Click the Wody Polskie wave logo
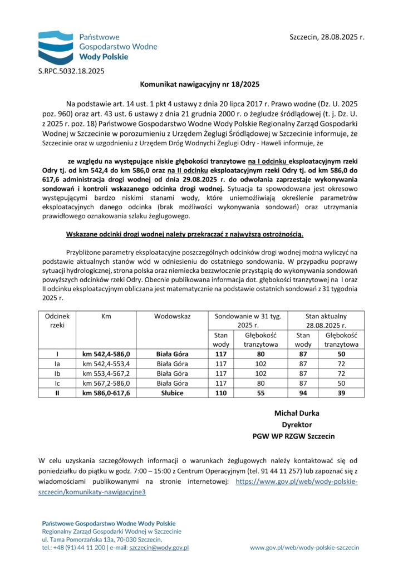(x=56, y=47)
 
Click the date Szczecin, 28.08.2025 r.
(x=327, y=37)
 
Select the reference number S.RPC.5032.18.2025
(x=71, y=71)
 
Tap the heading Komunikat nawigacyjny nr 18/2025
(x=199, y=85)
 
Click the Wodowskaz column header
(x=172, y=316)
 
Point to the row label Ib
(x=56, y=373)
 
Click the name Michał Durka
(x=296, y=413)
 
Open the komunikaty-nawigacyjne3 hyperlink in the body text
(x=92, y=492)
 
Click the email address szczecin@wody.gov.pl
(x=159, y=548)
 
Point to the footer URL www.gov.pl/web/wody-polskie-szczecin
(x=304, y=548)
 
